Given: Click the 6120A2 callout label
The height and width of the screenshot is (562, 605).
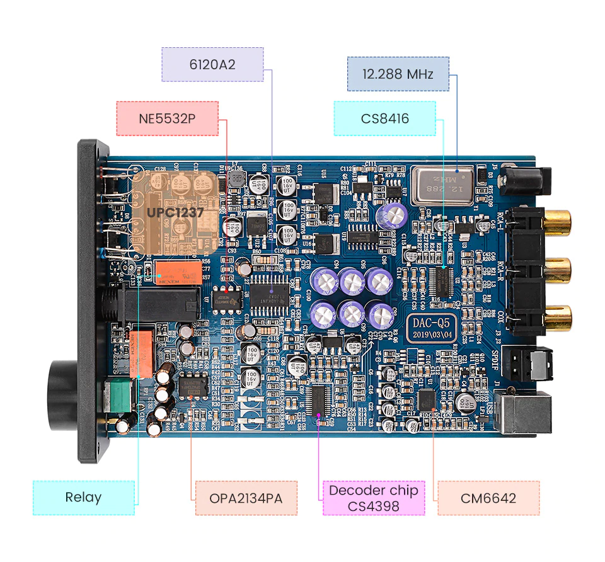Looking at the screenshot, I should pyautogui.click(x=212, y=64).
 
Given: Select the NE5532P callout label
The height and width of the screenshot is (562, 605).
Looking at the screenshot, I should pyautogui.click(x=168, y=118).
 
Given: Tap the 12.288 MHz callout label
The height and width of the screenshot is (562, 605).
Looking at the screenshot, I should pyautogui.click(x=398, y=74).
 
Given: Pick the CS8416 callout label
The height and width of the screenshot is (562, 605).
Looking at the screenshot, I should pyautogui.click(x=384, y=118).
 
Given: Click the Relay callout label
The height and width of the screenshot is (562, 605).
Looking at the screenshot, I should pyautogui.click(x=83, y=498).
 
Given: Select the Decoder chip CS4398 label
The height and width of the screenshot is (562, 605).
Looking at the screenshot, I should pyautogui.click(x=374, y=498).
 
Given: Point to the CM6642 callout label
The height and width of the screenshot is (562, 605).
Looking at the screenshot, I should pyautogui.click(x=488, y=498).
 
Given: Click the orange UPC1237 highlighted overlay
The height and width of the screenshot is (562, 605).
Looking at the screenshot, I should pyautogui.click(x=175, y=212).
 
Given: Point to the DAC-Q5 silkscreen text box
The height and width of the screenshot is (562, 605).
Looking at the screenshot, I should pyautogui.click(x=430, y=329).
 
